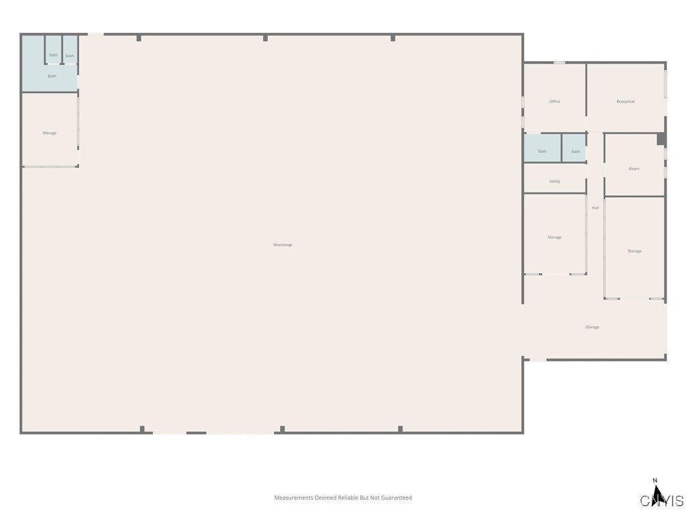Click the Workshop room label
(282, 245)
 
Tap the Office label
(555, 101)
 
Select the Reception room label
(625, 101)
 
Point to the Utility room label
(555, 181)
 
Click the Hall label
(595, 208)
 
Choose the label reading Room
(634, 169)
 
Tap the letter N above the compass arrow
(655, 480)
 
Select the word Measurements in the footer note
(294, 498)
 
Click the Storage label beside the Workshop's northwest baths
(50, 133)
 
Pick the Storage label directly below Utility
(555, 237)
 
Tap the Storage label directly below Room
(634, 251)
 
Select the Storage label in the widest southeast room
(592, 327)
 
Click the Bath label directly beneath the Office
(542, 152)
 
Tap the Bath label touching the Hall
(575, 152)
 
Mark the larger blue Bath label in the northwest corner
(52, 76)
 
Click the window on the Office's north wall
(559, 63)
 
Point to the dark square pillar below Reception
(661, 139)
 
